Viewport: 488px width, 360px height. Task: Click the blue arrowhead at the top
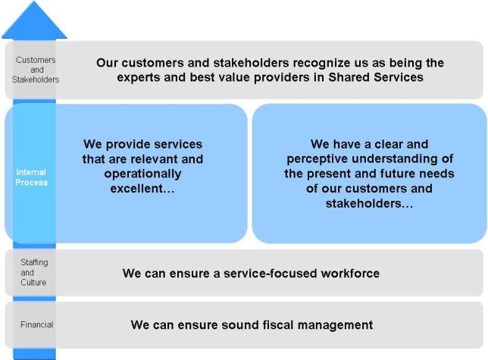[34, 20]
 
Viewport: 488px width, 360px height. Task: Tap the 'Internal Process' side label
[31, 177]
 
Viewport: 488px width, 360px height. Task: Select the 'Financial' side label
[36, 324]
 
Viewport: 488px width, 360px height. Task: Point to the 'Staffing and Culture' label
[34, 272]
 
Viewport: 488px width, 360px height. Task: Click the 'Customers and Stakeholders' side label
[36, 70]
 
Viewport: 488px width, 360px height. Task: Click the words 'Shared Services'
[376, 77]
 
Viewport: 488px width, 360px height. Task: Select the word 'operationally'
[143, 174]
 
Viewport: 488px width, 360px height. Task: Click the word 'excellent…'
[142, 189]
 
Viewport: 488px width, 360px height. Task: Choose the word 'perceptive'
[318, 159]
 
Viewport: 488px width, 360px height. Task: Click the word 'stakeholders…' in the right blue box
[370, 203]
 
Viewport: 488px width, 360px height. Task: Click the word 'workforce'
[350, 273]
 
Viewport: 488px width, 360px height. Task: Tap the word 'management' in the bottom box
[335, 325]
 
